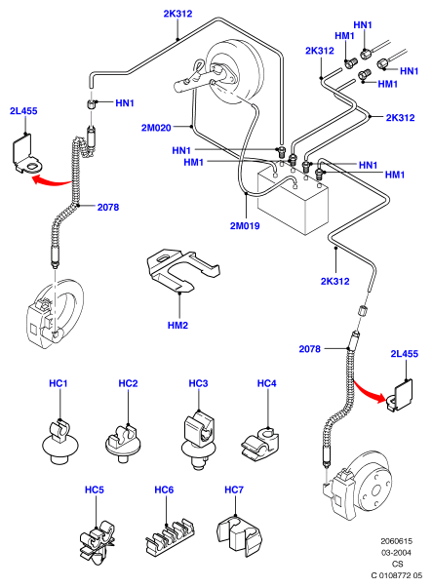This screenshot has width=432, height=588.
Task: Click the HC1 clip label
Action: coord(59,383)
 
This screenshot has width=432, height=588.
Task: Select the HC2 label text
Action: coord(128,383)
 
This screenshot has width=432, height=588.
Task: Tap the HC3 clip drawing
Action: coord(198,440)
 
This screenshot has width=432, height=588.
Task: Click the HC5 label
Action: coord(95,490)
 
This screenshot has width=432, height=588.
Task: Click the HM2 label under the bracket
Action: coord(177,325)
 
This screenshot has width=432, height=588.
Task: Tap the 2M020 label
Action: coord(156,128)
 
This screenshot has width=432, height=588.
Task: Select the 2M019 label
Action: coord(245,226)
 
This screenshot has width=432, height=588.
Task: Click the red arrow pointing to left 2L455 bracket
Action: coord(52,180)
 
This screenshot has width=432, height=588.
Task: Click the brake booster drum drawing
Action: coord(234,73)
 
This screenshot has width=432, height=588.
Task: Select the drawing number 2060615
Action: coord(396,541)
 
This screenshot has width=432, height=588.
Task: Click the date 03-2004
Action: coord(396,552)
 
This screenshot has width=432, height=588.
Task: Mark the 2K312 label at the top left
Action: coord(177,14)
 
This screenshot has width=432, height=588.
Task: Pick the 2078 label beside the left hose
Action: coord(108,207)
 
